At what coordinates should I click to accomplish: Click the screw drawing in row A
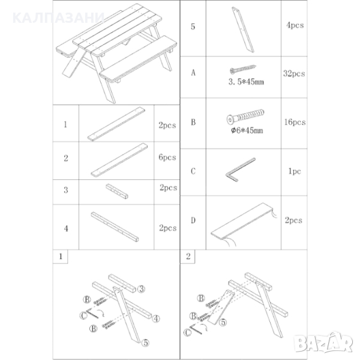[x=242, y=70]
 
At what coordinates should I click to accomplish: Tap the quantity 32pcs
[x=294, y=73]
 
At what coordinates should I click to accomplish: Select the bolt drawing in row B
[x=245, y=116]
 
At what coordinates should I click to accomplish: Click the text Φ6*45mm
[x=247, y=130]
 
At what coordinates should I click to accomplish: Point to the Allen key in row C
[x=240, y=170]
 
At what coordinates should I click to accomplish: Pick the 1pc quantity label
[x=295, y=171]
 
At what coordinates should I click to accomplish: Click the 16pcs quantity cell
[x=295, y=122]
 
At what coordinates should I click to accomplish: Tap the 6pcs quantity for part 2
[x=167, y=157]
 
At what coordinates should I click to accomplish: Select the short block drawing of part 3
[x=117, y=191]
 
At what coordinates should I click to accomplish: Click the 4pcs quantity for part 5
[x=295, y=25]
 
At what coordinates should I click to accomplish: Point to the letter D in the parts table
[x=193, y=220]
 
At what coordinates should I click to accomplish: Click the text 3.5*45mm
[x=246, y=82]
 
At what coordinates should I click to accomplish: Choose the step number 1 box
[x=61, y=256]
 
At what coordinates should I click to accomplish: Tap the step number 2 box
[x=188, y=256]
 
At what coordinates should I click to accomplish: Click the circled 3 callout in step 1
[x=141, y=289]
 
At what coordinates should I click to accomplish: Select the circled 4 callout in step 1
[x=156, y=319]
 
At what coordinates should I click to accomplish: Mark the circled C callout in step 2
[x=188, y=332]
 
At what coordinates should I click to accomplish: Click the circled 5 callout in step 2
[x=223, y=322]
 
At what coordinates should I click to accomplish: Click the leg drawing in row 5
[x=243, y=29]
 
